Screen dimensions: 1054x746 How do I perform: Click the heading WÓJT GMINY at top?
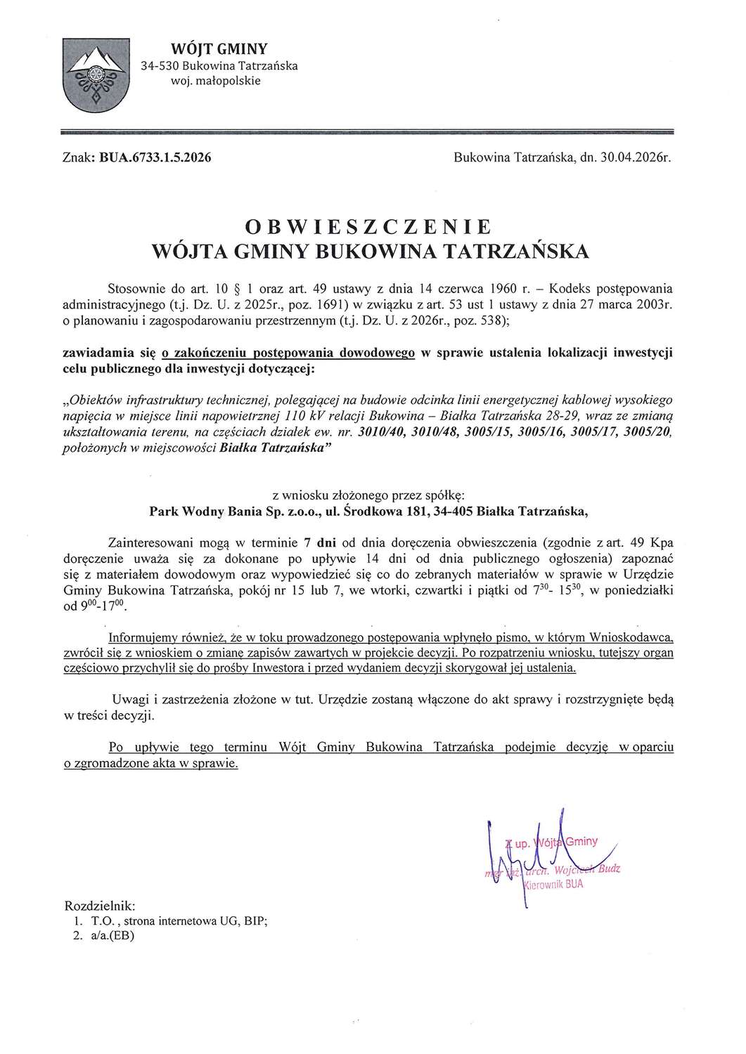click(210, 48)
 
